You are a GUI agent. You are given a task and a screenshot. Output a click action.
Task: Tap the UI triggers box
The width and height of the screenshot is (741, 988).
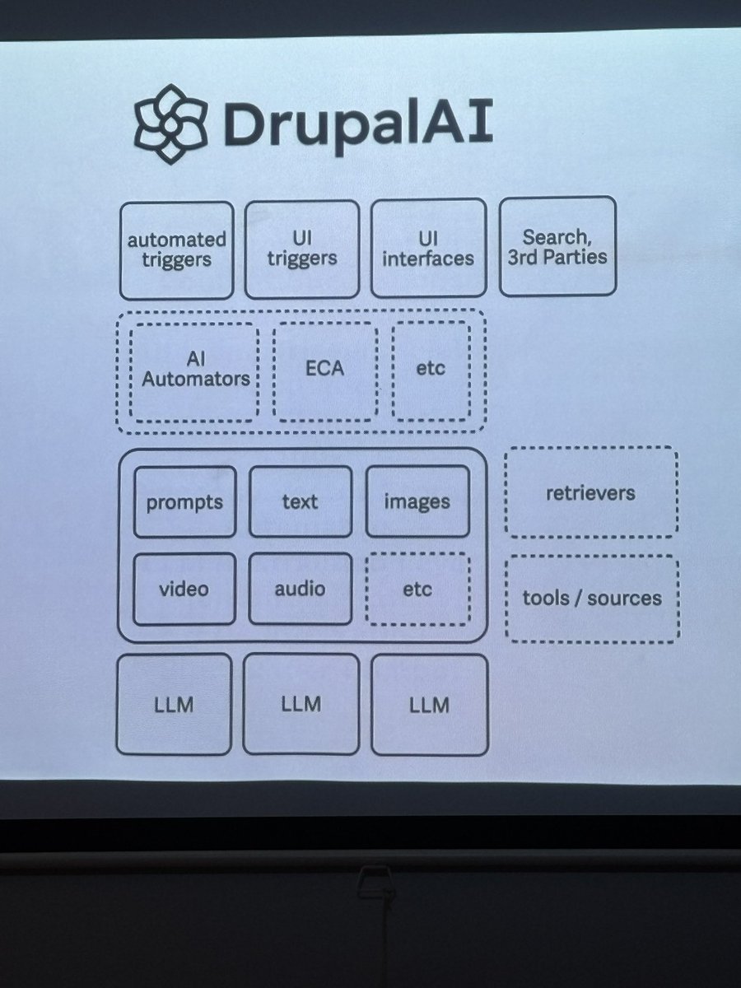click(302, 248)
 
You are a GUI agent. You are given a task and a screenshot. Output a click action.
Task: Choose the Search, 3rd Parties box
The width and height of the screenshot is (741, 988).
click(557, 245)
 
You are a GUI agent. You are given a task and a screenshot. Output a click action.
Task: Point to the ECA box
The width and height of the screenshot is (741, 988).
click(324, 370)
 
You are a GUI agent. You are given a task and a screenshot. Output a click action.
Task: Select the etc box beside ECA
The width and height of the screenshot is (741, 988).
click(430, 370)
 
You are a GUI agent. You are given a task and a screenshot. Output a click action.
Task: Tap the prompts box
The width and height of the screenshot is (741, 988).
click(184, 501)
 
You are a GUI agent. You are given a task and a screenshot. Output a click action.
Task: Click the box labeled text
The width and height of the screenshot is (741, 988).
click(300, 501)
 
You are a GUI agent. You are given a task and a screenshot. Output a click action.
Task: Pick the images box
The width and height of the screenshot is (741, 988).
click(417, 501)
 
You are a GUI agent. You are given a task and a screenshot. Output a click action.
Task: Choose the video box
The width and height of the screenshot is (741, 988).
click(184, 589)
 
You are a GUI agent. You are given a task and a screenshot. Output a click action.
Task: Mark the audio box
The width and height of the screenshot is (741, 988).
click(300, 588)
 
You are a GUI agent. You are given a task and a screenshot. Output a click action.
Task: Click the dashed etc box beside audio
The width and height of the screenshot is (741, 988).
click(417, 588)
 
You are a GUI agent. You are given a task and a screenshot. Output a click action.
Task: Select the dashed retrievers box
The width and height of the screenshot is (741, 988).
click(590, 493)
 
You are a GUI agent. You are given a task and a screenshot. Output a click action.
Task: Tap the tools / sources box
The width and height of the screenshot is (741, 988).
click(591, 598)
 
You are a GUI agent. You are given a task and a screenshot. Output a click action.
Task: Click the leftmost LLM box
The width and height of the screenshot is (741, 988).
click(174, 704)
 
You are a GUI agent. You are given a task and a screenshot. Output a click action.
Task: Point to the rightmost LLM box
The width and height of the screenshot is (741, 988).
click(429, 704)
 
